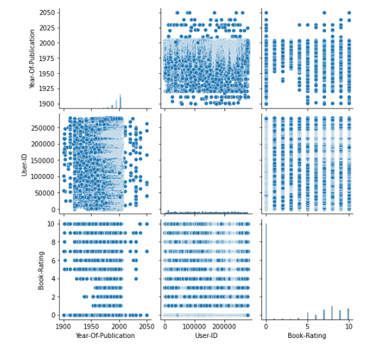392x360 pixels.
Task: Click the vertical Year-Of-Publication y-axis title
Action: [x=32, y=59]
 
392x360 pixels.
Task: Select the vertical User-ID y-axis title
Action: [x=25, y=162]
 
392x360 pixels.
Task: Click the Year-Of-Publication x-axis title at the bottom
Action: [x=106, y=336]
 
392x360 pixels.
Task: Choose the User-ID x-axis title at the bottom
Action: [x=206, y=336]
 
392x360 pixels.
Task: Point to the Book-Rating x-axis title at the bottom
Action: [x=307, y=336]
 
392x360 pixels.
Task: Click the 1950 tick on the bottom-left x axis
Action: [x=92, y=326]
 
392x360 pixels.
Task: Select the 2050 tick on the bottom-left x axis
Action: [x=147, y=326]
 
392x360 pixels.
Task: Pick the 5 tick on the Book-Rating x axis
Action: [x=307, y=326]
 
